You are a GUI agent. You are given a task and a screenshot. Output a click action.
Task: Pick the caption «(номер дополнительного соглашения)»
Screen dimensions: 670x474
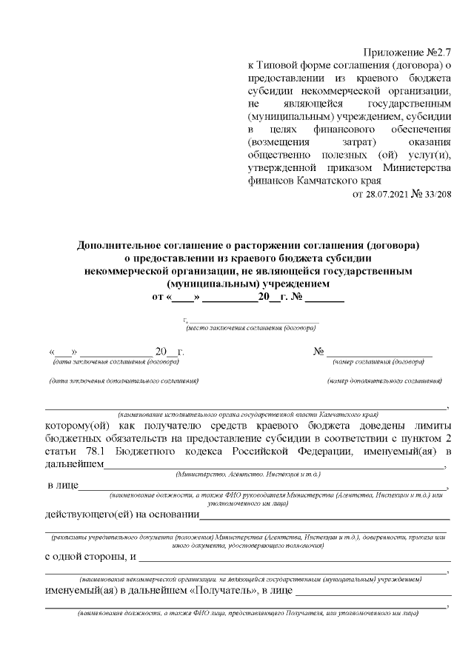click(384, 381)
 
